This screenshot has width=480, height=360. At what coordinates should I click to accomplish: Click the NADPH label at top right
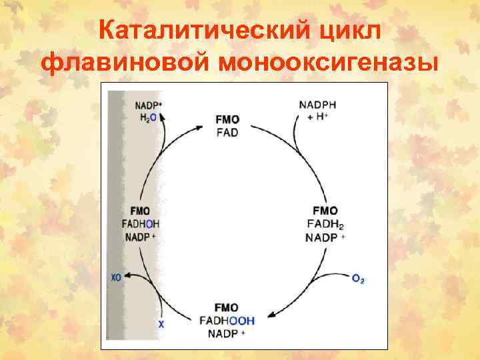click(317, 105)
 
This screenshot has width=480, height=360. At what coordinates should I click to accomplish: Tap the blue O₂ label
click(358, 279)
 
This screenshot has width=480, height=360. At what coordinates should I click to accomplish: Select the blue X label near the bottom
click(160, 324)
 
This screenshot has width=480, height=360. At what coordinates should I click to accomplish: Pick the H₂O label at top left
click(148, 117)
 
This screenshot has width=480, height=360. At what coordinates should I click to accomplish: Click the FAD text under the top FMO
click(227, 132)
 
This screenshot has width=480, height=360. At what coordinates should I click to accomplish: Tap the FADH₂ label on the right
click(325, 223)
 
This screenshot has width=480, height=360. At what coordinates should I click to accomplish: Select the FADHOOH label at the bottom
click(227, 320)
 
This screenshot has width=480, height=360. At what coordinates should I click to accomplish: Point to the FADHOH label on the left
click(141, 223)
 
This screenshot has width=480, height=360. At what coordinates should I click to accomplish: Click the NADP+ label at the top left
click(148, 105)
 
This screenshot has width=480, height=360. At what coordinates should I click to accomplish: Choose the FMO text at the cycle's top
click(227, 119)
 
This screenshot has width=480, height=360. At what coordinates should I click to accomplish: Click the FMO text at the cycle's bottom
click(227, 307)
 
